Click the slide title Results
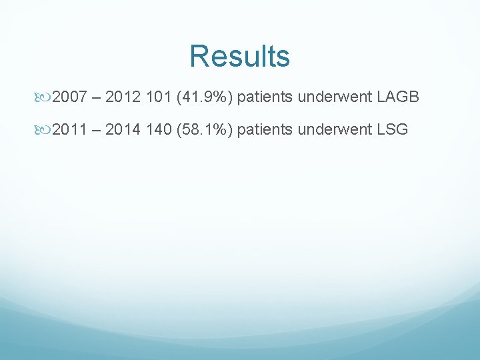coord(239,57)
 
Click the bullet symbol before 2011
coord(43,129)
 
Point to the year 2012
coord(123,98)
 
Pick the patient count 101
coord(157,98)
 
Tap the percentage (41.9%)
coord(203,98)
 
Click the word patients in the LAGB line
coord(265,98)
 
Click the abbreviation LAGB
coord(398,98)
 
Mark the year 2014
coord(123,129)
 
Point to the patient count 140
coord(157,129)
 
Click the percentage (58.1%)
coord(203,129)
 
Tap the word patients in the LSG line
coord(265,129)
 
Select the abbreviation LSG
coord(393,129)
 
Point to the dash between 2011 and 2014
coord(95,130)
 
